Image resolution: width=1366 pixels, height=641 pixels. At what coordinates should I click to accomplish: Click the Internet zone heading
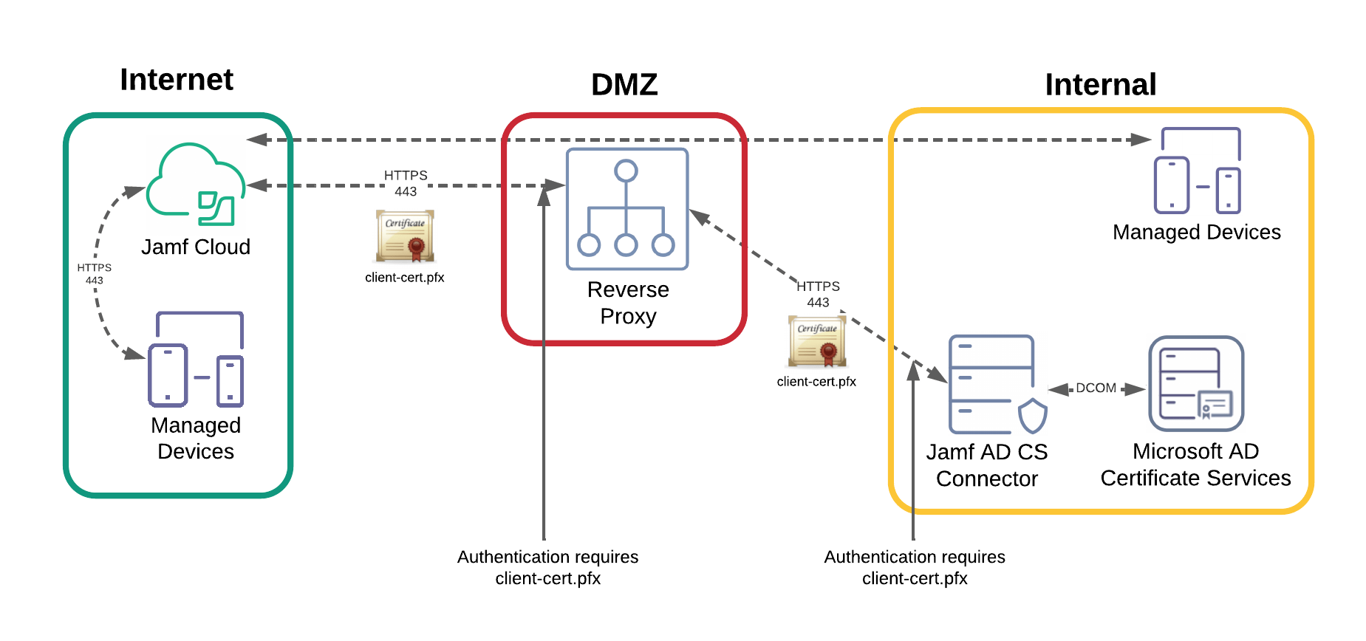click(x=177, y=80)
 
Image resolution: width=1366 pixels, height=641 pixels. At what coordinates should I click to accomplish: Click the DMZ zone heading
click(x=624, y=85)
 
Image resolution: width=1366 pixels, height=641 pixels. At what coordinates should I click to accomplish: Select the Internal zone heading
click(x=1100, y=85)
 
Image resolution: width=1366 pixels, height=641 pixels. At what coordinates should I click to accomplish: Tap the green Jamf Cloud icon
click(x=195, y=185)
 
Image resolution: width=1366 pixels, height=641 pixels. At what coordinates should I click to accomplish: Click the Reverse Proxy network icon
click(x=626, y=209)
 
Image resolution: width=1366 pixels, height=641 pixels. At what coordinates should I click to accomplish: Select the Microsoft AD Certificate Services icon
click(x=1196, y=384)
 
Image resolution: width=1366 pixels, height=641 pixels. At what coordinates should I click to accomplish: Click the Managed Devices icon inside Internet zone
click(x=196, y=360)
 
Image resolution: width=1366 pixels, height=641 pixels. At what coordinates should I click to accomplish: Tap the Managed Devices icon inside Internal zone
click(x=1197, y=171)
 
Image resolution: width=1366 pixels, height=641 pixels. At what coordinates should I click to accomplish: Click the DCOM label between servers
click(x=1096, y=388)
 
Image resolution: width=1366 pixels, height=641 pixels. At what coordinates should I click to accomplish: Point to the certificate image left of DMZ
click(x=405, y=236)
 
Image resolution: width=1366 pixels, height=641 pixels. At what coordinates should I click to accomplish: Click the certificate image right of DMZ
click(x=816, y=341)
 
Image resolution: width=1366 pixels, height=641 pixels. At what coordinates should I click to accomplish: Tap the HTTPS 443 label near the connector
click(x=818, y=294)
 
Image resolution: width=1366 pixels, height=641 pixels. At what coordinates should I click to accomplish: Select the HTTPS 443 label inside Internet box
click(x=94, y=274)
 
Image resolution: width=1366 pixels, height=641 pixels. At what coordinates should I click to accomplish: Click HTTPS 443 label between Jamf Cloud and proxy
click(x=406, y=183)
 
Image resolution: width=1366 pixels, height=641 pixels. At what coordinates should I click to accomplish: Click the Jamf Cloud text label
click(x=196, y=247)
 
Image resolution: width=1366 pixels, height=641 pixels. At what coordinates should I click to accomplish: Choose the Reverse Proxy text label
click(x=628, y=303)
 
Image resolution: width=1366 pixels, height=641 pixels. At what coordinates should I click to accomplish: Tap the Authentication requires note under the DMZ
click(x=547, y=567)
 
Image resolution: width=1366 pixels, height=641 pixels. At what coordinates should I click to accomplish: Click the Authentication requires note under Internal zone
click(x=915, y=567)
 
